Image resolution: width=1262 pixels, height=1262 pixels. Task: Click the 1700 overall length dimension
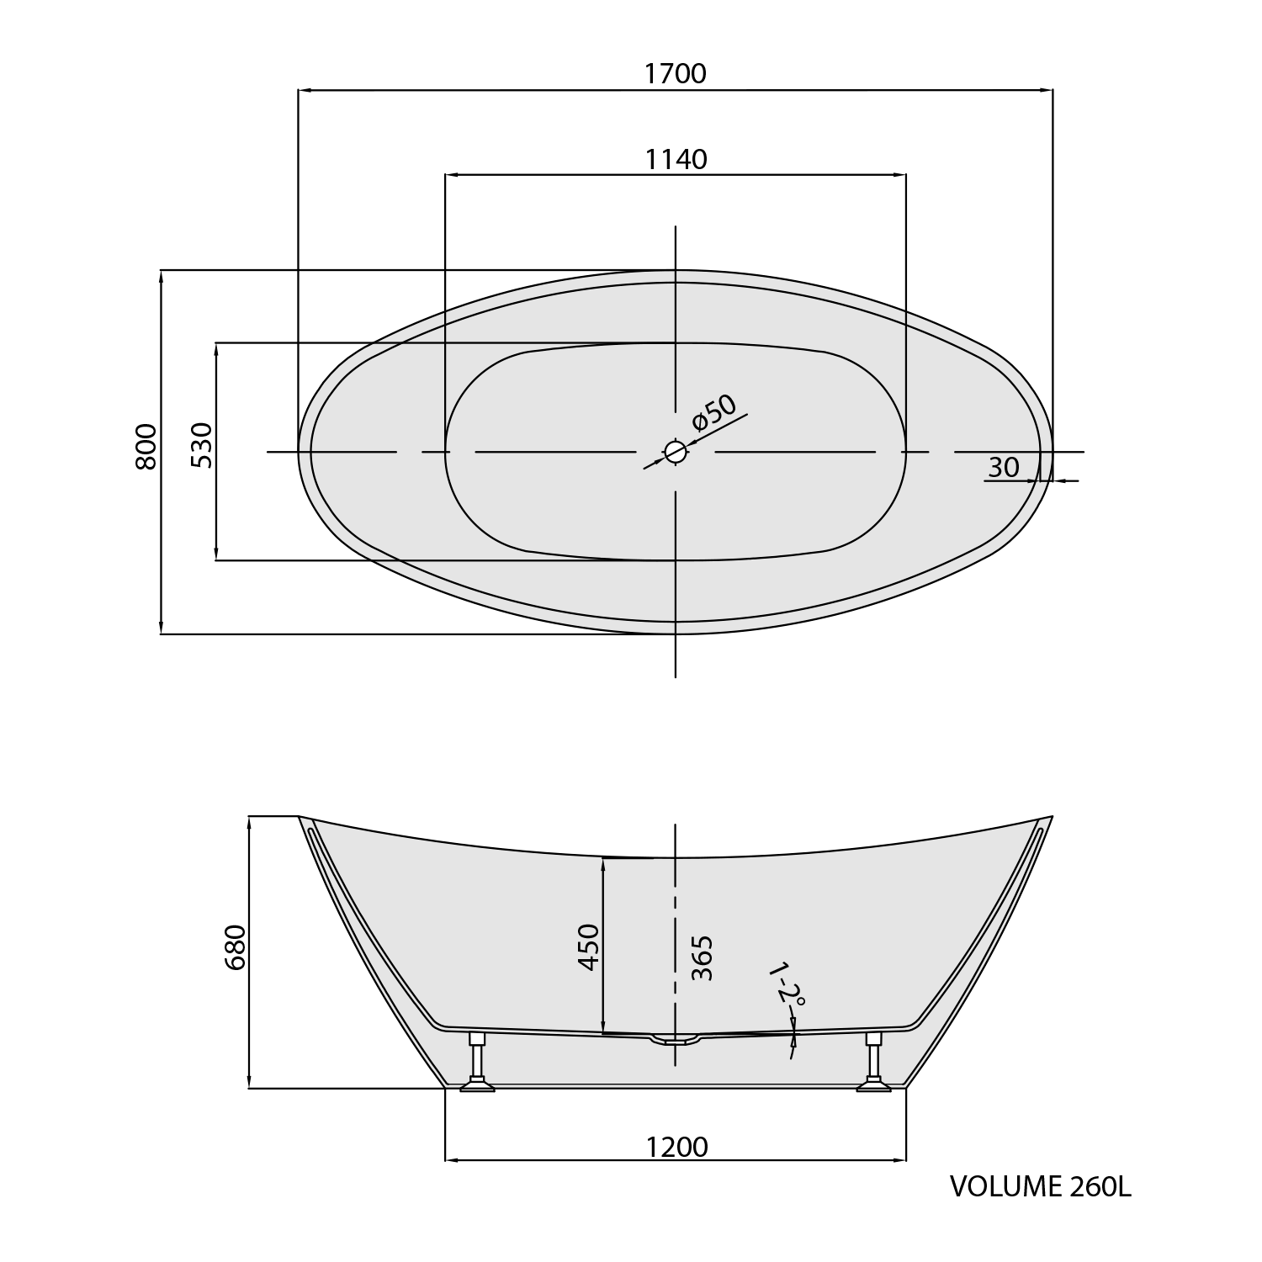tap(675, 74)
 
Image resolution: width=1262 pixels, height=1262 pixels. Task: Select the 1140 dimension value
tap(676, 159)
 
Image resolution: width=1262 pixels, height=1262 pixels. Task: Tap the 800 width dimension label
tap(146, 447)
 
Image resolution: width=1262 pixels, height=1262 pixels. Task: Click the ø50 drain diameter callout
tap(714, 411)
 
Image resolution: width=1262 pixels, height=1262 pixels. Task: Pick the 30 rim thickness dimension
tap(1003, 468)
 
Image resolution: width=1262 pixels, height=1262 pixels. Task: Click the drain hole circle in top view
tap(675, 452)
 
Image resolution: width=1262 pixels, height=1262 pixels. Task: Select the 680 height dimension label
tap(236, 947)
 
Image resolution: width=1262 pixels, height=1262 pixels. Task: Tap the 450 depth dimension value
tap(589, 947)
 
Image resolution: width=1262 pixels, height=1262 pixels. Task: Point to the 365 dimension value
tap(702, 957)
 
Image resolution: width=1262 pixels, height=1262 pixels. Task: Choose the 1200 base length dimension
tap(676, 1147)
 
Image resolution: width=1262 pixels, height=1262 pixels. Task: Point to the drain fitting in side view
tap(675, 1041)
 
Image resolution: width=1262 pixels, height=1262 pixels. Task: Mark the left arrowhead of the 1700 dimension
tap(305, 89)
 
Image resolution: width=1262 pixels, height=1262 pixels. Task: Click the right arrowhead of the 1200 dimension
tap(900, 1161)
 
